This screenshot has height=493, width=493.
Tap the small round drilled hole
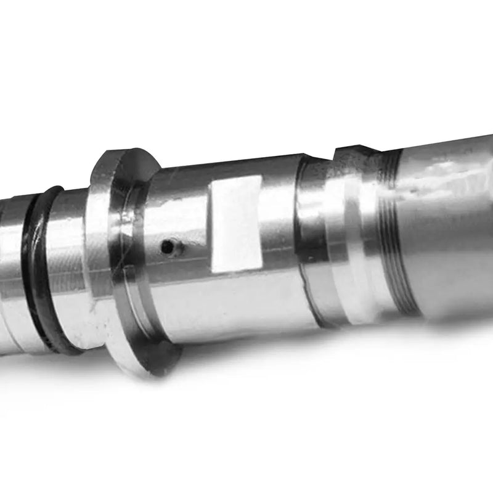167,247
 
